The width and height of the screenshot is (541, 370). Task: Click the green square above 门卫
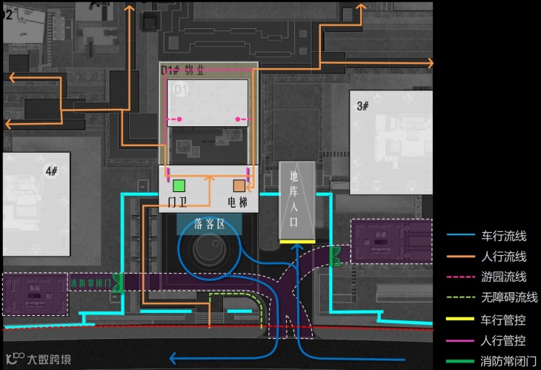coord(179,185)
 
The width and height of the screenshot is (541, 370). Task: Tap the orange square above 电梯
coord(239,185)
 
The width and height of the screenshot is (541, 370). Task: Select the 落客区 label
coord(210,224)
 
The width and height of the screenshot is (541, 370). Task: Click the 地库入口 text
coord(295,199)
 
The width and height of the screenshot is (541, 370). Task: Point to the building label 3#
coord(362,106)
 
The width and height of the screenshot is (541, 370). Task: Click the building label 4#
coord(51,171)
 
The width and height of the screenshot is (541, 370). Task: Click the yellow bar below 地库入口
coord(295,242)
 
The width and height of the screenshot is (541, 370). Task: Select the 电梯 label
coord(238,202)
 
